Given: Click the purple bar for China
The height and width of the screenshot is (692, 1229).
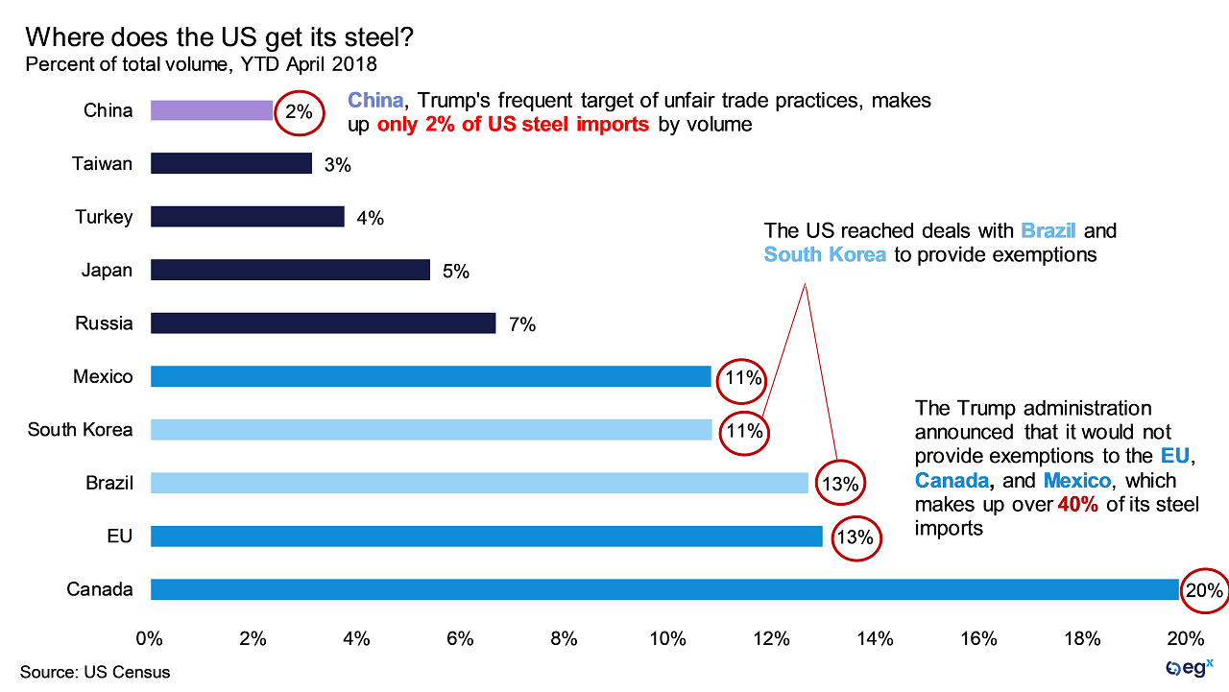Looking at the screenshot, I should point(211,110).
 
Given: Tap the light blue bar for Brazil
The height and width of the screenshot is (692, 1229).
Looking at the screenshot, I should point(479,483).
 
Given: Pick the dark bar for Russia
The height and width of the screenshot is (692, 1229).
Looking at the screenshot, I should point(323,323).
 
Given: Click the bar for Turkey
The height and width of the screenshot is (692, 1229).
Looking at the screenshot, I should point(247,217).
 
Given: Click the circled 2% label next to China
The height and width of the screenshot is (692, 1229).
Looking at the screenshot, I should point(299,111).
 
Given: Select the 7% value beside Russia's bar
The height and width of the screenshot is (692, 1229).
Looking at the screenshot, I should point(521,324).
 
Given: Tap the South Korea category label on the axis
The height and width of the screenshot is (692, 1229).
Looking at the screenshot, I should point(80,430).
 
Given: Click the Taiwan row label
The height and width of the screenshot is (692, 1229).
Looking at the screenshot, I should point(102,164).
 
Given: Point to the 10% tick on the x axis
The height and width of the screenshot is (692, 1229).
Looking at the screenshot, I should point(668,638).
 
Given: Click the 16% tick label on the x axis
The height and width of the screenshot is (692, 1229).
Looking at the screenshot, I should point(978,638).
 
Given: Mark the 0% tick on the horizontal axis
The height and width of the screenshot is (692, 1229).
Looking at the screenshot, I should point(150,638).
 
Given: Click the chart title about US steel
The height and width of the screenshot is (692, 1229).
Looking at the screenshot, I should point(220,38).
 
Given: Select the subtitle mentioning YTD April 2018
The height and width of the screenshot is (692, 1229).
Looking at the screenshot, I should point(202,65).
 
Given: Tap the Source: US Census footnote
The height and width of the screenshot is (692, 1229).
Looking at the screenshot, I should point(95,672).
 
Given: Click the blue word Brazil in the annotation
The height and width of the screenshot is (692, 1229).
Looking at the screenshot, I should point(1049,231).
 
